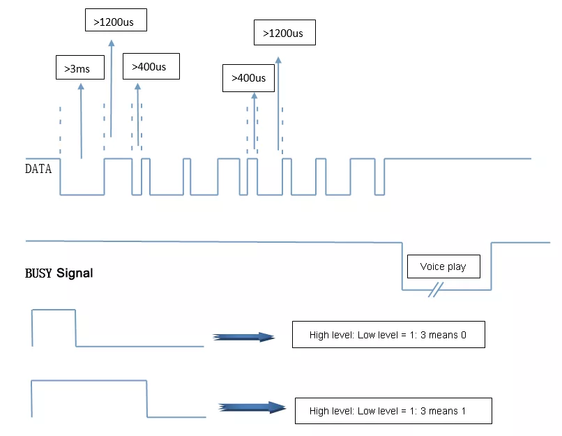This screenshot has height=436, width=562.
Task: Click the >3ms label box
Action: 77,68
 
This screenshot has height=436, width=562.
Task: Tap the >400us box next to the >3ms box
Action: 151,67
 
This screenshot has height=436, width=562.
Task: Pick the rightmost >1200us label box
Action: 284,33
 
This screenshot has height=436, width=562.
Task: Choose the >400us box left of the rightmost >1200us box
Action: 249,78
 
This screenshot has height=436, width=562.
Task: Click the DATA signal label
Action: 38,169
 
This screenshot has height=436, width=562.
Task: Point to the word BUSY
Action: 40,273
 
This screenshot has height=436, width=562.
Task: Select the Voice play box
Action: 443,266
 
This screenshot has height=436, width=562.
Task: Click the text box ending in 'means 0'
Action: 388,335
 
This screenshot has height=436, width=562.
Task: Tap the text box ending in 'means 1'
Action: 393,411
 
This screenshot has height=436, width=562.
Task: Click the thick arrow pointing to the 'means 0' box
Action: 243,336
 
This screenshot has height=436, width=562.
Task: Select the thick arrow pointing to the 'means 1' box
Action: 252,408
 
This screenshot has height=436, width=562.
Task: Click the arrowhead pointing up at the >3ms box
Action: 82,87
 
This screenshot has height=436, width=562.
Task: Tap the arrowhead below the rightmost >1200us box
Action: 279,61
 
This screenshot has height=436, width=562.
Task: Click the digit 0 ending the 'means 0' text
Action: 463,335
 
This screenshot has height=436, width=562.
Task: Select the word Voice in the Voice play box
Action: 432,266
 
